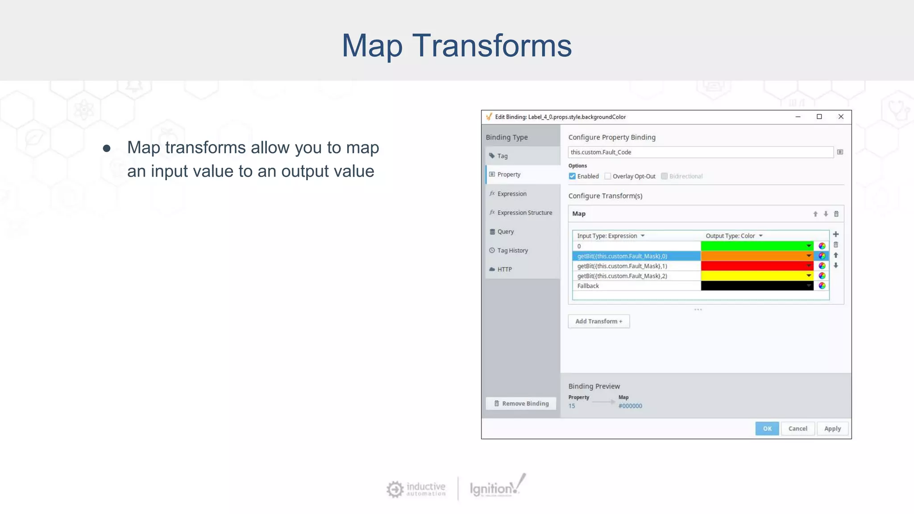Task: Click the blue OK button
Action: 767,428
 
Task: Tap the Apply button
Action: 832,428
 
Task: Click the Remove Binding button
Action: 521,403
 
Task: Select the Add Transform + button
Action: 598,321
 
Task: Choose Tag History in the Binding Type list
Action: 512,250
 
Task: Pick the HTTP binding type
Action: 504,269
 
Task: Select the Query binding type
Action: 505,232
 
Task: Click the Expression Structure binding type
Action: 524,213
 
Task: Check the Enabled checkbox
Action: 572,176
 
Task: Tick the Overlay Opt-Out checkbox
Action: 607,176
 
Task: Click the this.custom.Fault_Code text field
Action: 700,152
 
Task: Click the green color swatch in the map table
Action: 754,246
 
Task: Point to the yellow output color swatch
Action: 754,276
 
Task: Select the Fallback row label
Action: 588,286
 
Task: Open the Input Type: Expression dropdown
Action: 611,236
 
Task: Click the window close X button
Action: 841,117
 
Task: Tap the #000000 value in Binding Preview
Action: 630,406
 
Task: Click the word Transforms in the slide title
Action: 492,46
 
